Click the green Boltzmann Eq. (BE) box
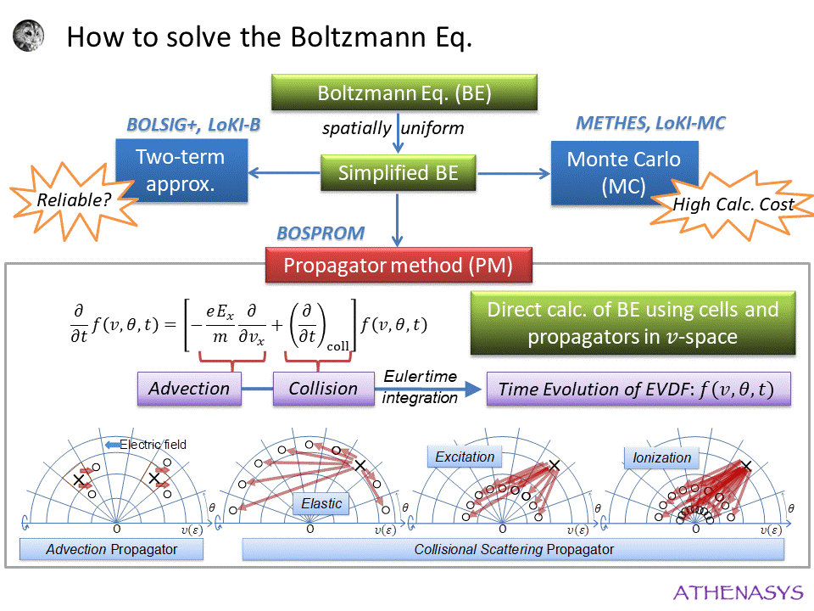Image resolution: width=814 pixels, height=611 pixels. pyautogui.click(x=404, y=92)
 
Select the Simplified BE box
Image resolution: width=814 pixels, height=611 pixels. pyautogui.click(x=398, y=173)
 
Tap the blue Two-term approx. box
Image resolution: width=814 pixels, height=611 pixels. pyautogui.click(x=181, y=171)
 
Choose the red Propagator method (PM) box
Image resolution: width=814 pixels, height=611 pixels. pyautogui.click(x=398, y=266)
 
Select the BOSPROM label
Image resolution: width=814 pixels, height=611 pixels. pyautogui.click(x=321, y=233)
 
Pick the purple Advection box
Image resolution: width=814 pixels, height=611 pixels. pyautogui.click(x=189, y=389)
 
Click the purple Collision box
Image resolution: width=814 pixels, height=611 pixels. pyautogui.click(x=323, y=389)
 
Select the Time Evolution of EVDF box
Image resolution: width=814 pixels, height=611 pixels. pyautogui.click(x=638, y=389)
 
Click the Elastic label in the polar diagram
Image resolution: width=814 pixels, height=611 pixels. pyautogui.click(x=321, y=504)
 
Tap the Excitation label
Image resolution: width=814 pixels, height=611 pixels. pyautogui.click(x=464, y=457)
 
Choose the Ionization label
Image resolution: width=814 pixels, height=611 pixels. pyautogui.click(x=661, y=458)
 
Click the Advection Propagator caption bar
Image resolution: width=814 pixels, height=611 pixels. pyautogui.click(x=112, y=550)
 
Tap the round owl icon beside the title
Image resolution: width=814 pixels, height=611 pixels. pyautogui.click(x=29, y=36)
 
